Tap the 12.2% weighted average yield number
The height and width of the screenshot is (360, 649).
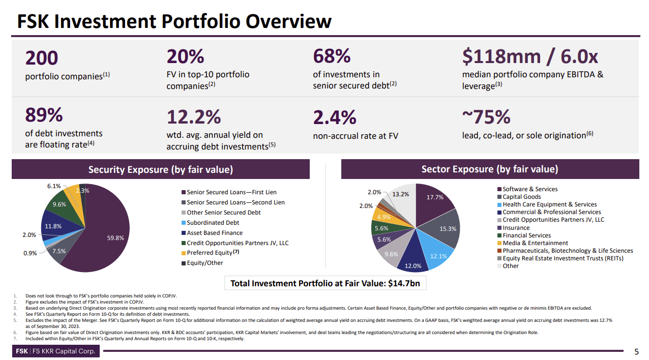[x=193, y=117]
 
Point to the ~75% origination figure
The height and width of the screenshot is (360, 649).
[x=486, y=117]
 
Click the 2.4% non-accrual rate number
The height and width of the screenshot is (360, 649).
[x=334, y=117]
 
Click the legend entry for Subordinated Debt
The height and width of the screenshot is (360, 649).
[x=213, y=223]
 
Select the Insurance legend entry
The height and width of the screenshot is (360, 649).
[x=516, y=228]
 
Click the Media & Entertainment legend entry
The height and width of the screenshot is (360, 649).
[x=535, y=243]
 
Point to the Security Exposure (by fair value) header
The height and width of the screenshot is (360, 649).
[x=160, y=169]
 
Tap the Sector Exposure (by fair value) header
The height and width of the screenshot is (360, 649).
[x=489, y=169]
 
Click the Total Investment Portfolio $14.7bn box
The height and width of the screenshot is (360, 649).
[x=325, y=283]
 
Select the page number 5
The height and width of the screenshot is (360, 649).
[x=637, y=352]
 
